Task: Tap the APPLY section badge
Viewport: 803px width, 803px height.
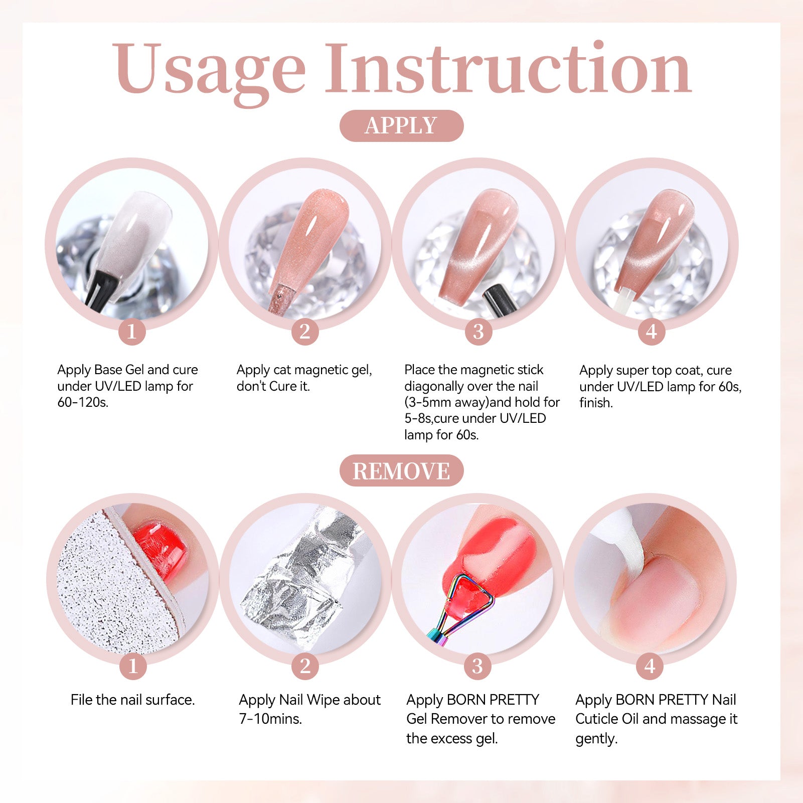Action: point(401,125)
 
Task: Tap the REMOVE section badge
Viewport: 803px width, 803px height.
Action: point(401,470)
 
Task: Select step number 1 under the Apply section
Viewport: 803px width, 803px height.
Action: point(132,332)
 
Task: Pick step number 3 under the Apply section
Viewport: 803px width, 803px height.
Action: point(478,332)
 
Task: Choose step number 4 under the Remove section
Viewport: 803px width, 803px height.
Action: point(650,666)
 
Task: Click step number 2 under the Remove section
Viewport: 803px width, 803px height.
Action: point(305,666)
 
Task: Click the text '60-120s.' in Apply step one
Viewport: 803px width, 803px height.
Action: point(83,402)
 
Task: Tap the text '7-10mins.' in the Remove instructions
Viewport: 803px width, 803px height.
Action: point(270,719)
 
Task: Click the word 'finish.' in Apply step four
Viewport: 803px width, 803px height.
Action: point(596,403)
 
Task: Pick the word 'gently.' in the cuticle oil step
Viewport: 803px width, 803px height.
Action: point(596,739)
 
